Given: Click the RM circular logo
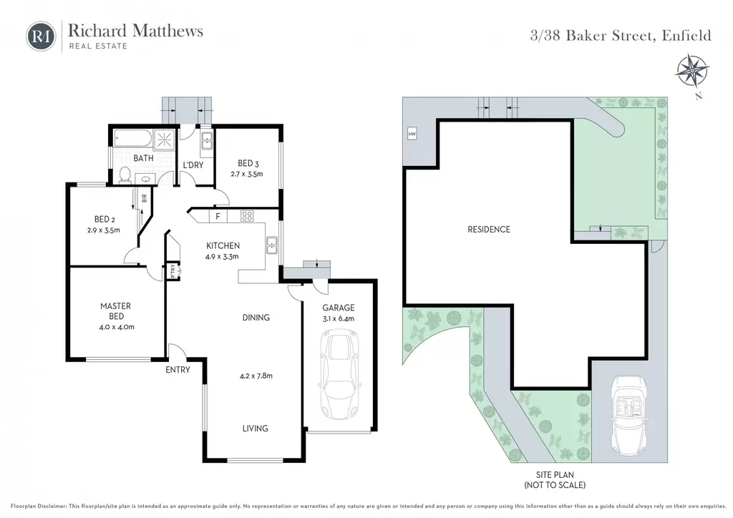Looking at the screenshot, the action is point(41,36).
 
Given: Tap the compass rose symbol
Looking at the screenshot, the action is point(692,71).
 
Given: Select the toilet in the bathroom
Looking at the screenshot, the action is point(125,175).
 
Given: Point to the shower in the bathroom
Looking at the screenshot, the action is point(164,139).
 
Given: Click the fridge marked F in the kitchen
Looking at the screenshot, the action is point(218,216).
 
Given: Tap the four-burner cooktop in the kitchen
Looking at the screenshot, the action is point(247,216).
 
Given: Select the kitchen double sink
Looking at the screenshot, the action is point(271,245).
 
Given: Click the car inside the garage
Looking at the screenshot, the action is point(340,374).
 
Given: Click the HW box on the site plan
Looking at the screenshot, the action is point(412,134).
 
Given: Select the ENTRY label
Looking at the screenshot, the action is point(178,370).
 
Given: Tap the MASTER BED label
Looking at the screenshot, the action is point(116,311).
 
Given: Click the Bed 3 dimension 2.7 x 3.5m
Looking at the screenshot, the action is point(247,175).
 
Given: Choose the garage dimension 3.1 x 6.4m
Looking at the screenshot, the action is point(339,318).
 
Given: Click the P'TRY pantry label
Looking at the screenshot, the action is point(173,270).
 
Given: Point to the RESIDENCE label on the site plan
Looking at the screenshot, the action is point(489,230).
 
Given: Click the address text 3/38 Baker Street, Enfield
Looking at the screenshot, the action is point(621,36).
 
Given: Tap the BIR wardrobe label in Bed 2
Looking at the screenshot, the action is point(145,197).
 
